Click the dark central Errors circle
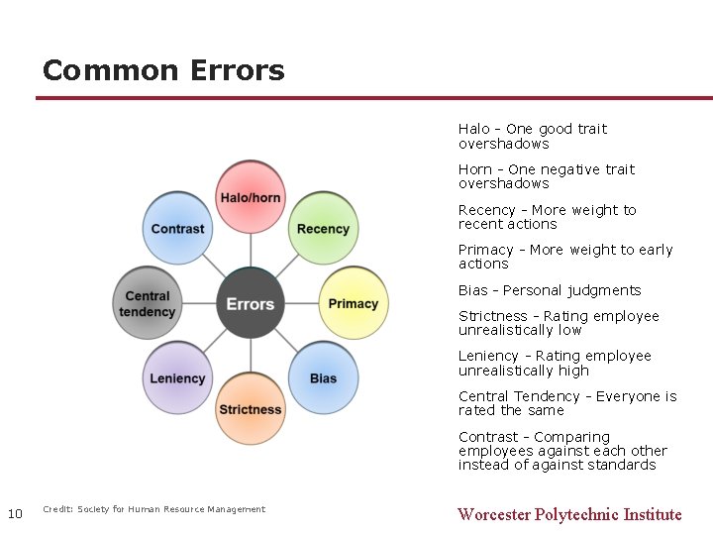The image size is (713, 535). [x=251, y=303]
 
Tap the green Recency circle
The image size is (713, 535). [x=324, y=228]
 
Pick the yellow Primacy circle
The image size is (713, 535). [x=354, y=303]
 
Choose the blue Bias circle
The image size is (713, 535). [x=324, y=377]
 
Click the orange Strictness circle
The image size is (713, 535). [x=251, y=408]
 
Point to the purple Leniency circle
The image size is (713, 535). [x=178, y=377]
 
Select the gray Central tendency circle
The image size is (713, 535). [x=148, y=303]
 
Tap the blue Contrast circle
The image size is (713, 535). [x=178, y=228]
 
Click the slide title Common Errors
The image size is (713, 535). [x=163, y=71]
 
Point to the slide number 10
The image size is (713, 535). [x=15, y=513]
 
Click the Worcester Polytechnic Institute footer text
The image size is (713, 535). [x=569, y=514]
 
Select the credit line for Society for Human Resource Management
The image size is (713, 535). [x=153, y=509]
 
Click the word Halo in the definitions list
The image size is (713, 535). [x=473, y=129]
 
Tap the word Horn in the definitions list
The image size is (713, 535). [x=474, y=169]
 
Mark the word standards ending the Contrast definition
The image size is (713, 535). [x=619, y=465]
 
